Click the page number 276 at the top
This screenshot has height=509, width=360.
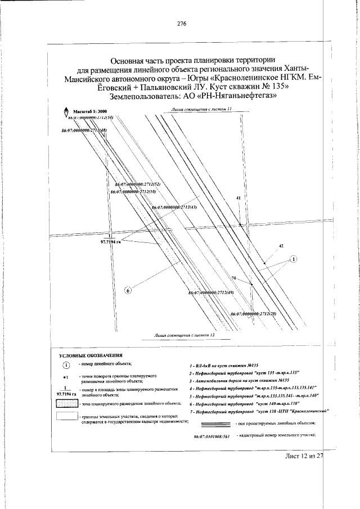[x=181, y=24]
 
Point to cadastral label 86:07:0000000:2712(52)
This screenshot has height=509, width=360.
[x=138, y=184]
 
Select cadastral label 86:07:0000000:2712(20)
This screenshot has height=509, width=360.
[x=253, y=313]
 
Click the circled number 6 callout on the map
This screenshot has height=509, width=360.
[x=128, y=290]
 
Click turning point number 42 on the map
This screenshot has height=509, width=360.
[x=281, y=247]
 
